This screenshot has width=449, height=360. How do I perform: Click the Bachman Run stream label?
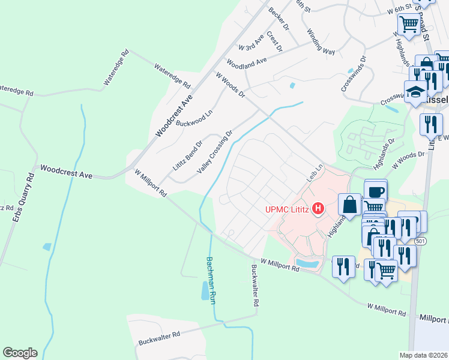[211, 280]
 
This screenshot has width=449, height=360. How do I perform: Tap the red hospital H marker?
[319, 209]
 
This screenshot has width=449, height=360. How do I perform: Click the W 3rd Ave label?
[251, 42]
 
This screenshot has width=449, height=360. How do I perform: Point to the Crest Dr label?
[274, 40]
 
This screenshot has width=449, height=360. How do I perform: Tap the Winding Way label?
[321, 41]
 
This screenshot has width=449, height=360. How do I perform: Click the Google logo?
[20, 353]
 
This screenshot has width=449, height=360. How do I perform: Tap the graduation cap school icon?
[415, 92]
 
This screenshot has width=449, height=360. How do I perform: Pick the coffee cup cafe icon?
[376, 191]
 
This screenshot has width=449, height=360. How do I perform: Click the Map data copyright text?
[423, 355]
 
